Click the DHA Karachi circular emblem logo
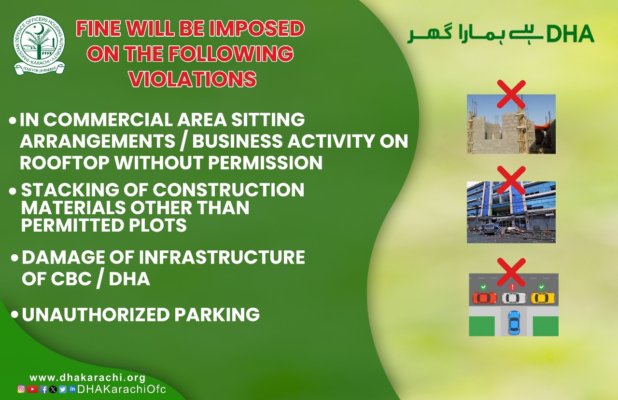coord(39,45)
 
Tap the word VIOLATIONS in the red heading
coord(193,79)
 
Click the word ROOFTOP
coord(65,163)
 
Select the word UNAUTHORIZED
coord(96,314)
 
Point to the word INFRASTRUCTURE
coord(222,257)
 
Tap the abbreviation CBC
coord(71,279)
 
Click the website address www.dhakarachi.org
coord(87,377)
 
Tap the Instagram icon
coord(21,389)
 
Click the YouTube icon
coord(32,389)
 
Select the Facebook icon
coord(43,389)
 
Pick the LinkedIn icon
coord(72,389)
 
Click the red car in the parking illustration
coord(485,298)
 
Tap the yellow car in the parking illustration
coord(543,298)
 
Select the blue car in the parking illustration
coord(514,322)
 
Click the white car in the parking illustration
coord(514,298)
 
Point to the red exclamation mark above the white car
coord(512,287)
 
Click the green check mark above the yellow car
coord(542,287)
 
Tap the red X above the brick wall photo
coord(511,94)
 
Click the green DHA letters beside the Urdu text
coord(570,34)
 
